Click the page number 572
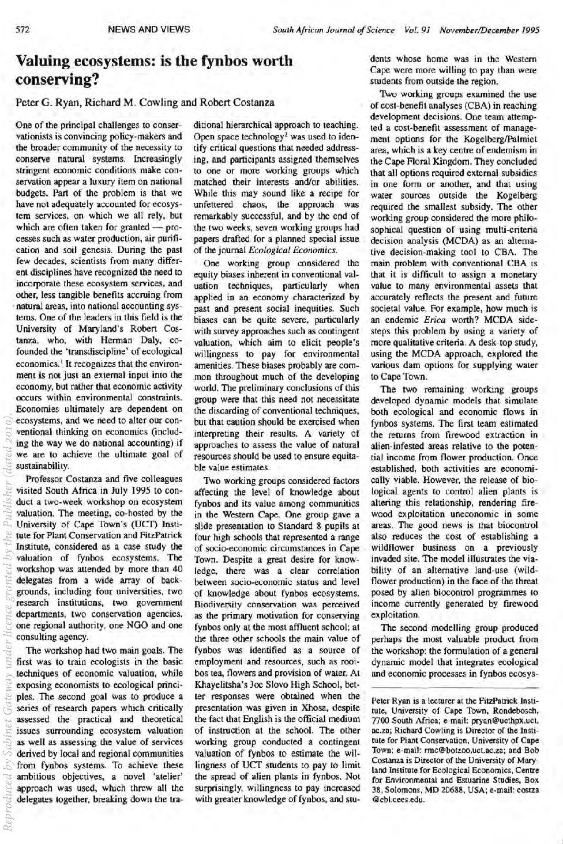coord(22,29)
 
